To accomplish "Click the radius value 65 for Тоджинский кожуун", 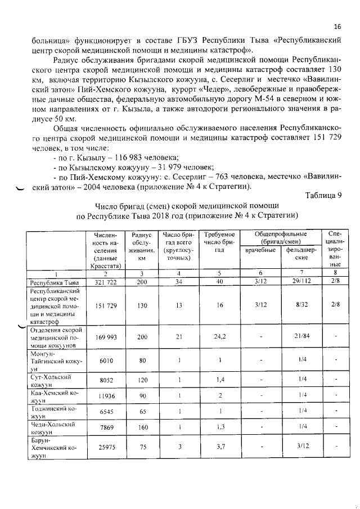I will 142,412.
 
